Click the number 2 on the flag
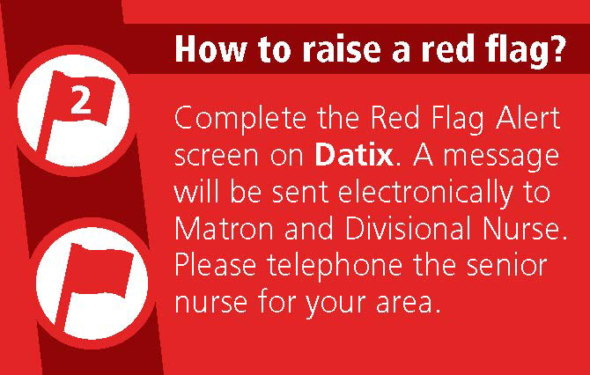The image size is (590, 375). pyautogui.click(x=81, y=100)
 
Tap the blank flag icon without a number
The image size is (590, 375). pyautogui.click(x=94, y=286)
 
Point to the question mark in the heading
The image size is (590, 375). pyautogui.click(x=554, y=48)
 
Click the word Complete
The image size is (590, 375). pyautogui.click(x=240, y=119)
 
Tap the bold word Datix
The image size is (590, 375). pyautogui.click(x=354, y=155)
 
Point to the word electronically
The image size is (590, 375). pyautogui.click(x=425, y=193)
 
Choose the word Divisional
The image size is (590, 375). pyautogui.click(x=402, y=228)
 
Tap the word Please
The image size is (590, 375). pyautogui.click(x=216, y=265)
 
